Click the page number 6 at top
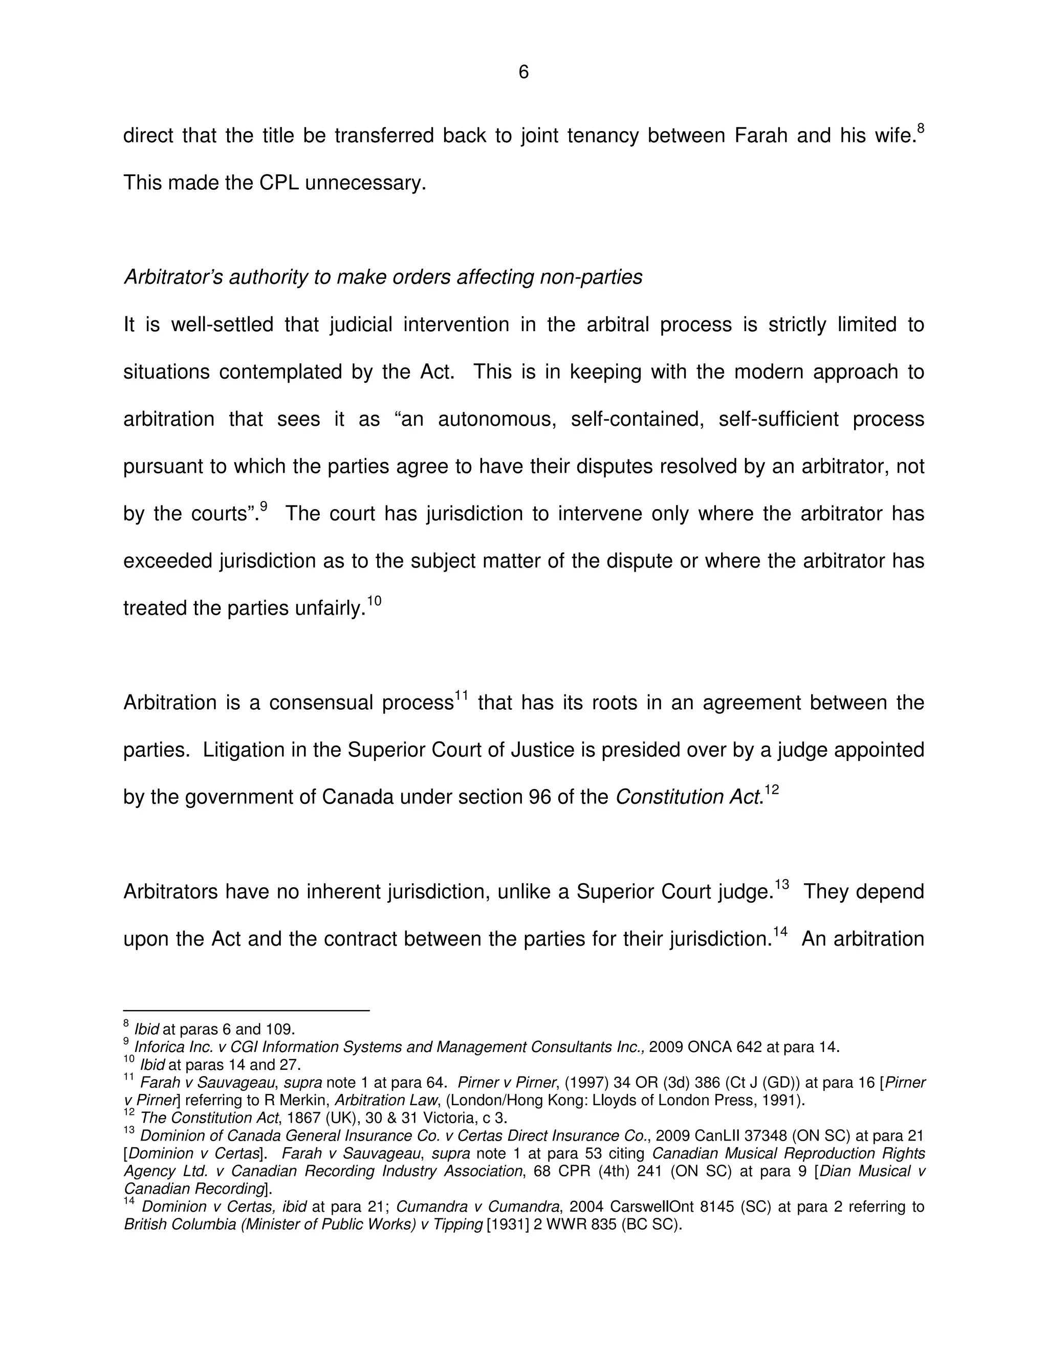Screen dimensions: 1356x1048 (x=523, y=73)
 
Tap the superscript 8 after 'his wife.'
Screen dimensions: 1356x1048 (x=920, y=128)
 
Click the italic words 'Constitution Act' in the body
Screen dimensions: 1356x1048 (x=688, y=797)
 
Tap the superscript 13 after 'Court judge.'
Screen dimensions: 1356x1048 (x=782, y=885)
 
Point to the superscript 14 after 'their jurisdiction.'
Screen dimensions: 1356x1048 (x=780, y=932)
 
